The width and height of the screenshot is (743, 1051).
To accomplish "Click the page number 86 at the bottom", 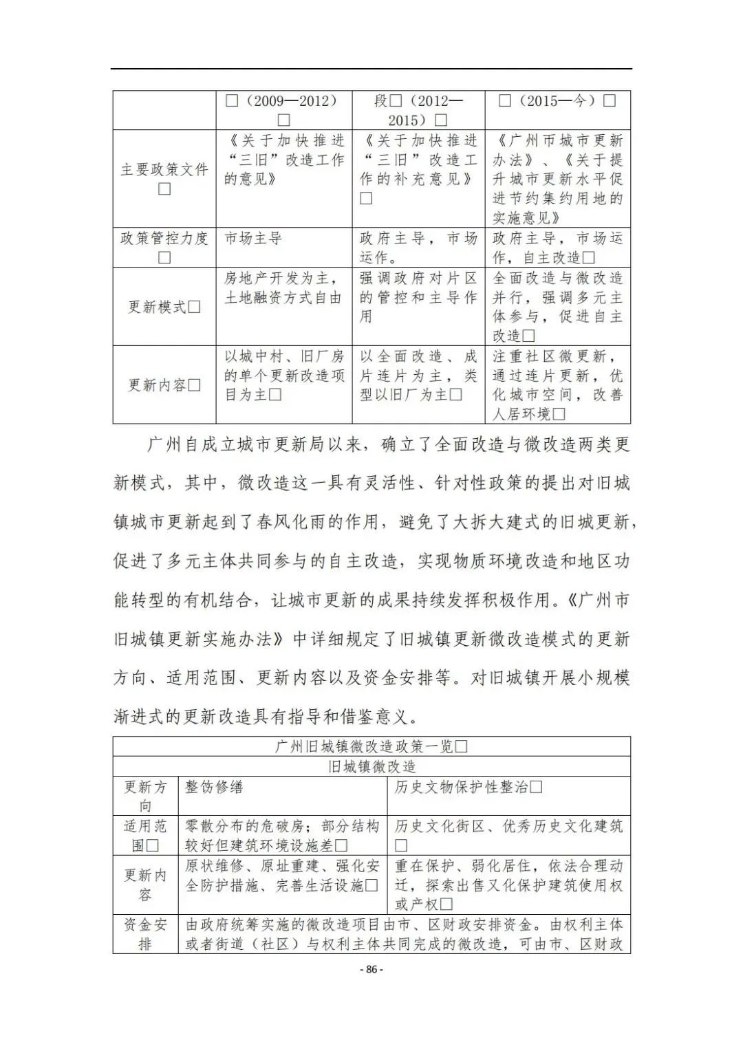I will pos(371,970).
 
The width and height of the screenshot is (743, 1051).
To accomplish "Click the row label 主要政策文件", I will pos(164,169).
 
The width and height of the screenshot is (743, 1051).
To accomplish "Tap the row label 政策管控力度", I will pos(164,239).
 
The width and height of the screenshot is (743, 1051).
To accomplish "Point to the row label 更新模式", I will pos(164,307).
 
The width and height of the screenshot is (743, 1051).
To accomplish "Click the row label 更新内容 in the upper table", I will pos(164,384).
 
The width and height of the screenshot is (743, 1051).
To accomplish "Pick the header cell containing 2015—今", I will pos(557,101).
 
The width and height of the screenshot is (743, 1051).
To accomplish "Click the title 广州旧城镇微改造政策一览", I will pos(371,746).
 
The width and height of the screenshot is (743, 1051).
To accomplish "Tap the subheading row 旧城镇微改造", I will pos(371,766).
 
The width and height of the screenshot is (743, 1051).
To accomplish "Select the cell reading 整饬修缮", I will pos(214,787).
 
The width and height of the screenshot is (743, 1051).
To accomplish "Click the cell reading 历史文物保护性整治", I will pos(468,787).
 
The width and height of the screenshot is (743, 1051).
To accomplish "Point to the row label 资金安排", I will pos(145,933).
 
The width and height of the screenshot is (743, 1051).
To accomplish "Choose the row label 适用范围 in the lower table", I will pos(145,835).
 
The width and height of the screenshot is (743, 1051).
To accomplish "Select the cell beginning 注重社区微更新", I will pos(557,384).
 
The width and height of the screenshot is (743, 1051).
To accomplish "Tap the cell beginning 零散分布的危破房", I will pos(282,835).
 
